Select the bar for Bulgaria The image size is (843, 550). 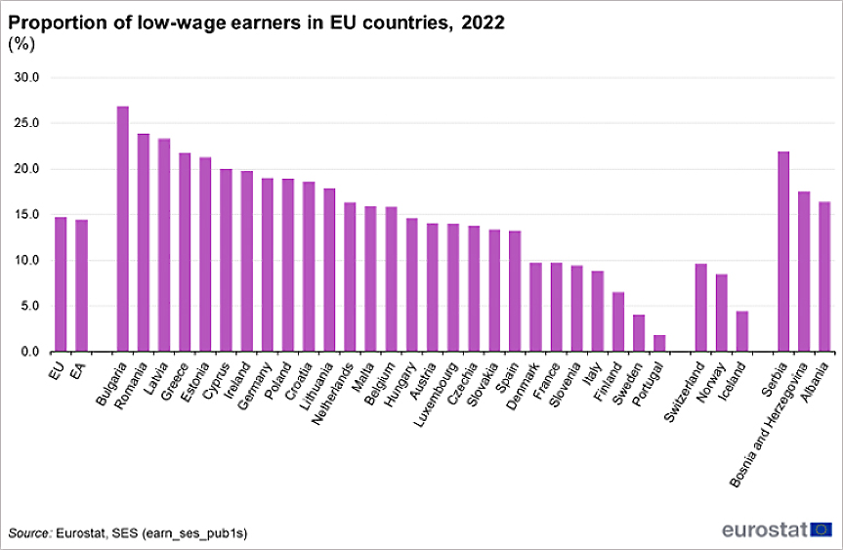click(123, 230)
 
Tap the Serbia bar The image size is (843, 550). click(783, 252)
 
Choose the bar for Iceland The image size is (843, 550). click(742, 331)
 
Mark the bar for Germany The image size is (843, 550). click(268, 265)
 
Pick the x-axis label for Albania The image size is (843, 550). click(817, 381)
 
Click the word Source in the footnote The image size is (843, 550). click(29, 533)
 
